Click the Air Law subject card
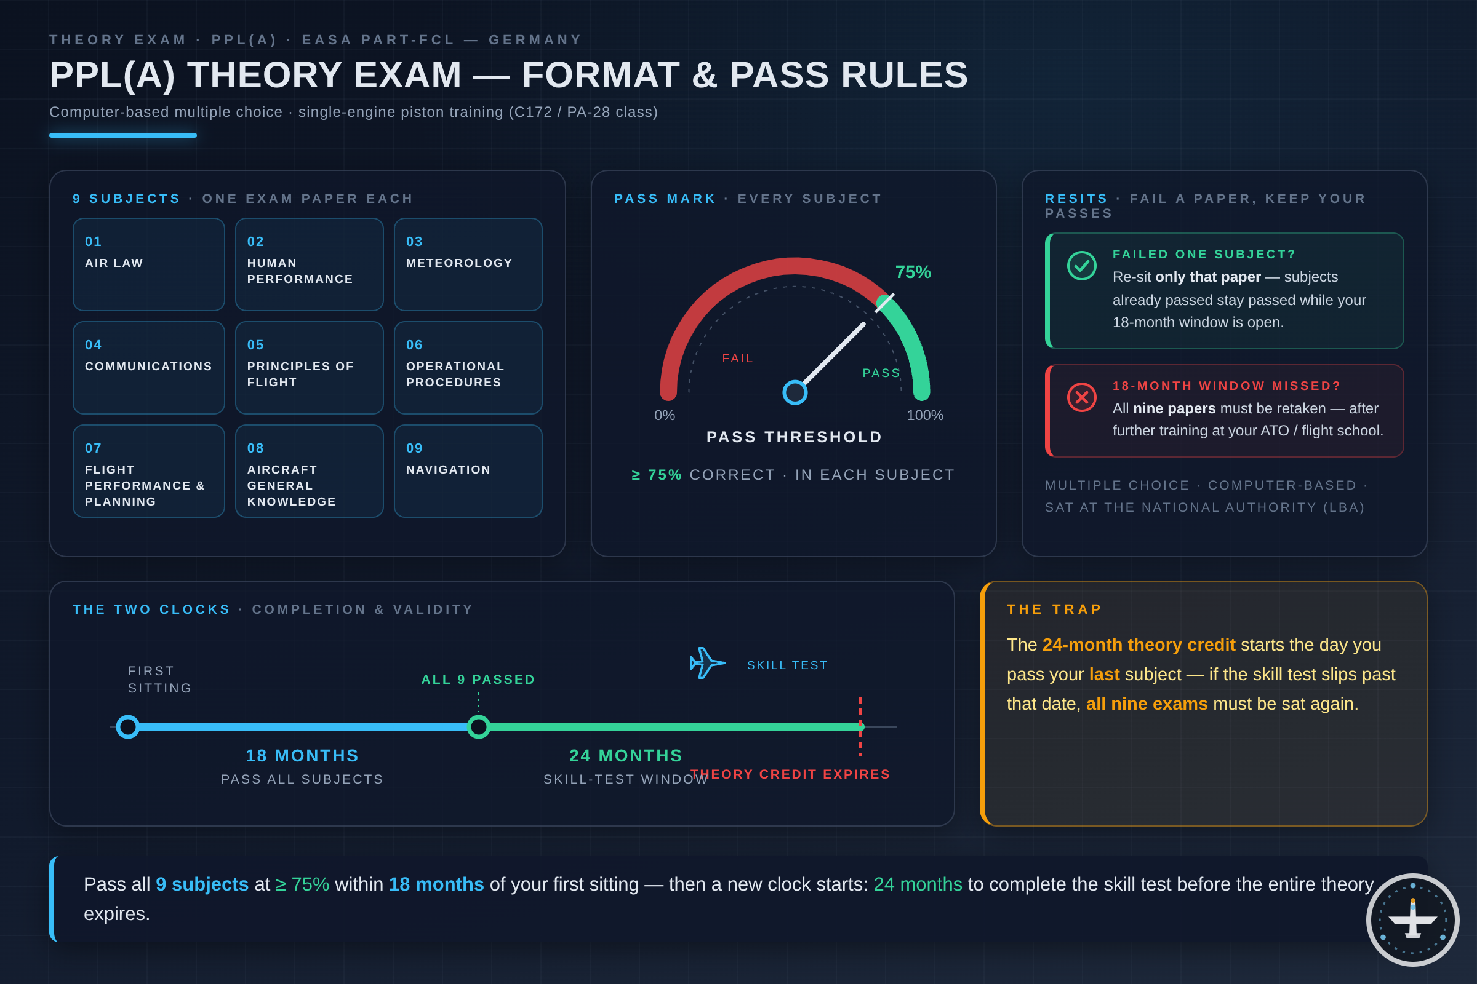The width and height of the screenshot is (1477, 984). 149,264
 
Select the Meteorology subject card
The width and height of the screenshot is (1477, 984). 468,264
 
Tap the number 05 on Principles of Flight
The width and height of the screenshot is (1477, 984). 255,345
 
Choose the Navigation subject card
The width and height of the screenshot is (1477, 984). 468,470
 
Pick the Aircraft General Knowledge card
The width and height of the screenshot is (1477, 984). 309,470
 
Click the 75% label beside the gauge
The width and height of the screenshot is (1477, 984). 913,272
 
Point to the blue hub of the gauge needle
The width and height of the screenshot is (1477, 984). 795,392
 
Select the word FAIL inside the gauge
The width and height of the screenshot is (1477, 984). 738,359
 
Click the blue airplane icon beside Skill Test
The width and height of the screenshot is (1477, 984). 707,663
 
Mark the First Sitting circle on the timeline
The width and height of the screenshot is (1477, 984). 128,727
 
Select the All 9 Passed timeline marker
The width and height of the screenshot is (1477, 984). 479,727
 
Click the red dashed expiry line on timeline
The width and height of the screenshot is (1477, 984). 860,727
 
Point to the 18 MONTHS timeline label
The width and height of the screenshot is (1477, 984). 302,756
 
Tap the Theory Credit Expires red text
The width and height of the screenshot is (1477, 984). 790,774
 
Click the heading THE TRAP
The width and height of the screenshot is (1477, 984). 1054,609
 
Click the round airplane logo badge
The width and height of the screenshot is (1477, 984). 1413,920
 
